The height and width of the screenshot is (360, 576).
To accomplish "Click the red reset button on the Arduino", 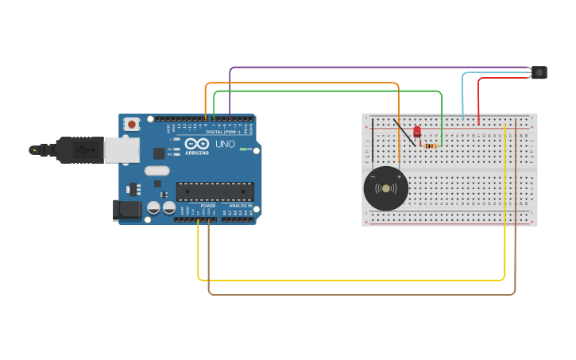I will (x=132, y=124).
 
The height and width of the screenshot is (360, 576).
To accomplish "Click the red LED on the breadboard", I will (x=417, y=132).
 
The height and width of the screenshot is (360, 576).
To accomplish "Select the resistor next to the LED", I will (x=431, y=145).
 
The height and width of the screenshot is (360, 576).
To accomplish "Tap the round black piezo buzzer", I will (x=386, y=188).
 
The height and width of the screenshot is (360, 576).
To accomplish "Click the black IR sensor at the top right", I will (x=539, y=72).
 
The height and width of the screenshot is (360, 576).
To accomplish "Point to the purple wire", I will (x=358, y=68).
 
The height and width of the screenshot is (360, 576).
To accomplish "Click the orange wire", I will (x=302, y=83).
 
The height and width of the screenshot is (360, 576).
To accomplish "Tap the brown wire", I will (x=358, y=295).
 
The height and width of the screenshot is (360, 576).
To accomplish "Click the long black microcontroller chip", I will (x=215, y=192).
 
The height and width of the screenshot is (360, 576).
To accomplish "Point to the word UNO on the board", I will (x=225, y=144).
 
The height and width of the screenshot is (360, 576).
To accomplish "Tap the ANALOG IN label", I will (x=241, y=205).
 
